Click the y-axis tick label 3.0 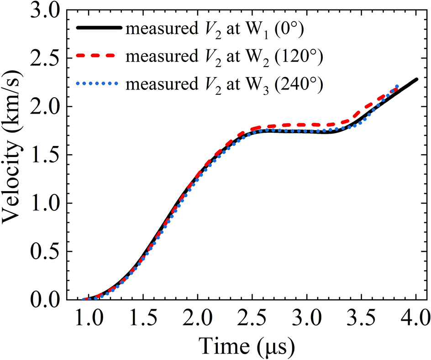[45, 10]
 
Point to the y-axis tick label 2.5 [45, 58]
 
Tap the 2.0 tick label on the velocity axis [45, 107]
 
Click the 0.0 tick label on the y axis [45, 300]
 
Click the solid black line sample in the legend [99, 28]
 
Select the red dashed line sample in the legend [99, 56]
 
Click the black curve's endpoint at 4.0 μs [416, 79]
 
